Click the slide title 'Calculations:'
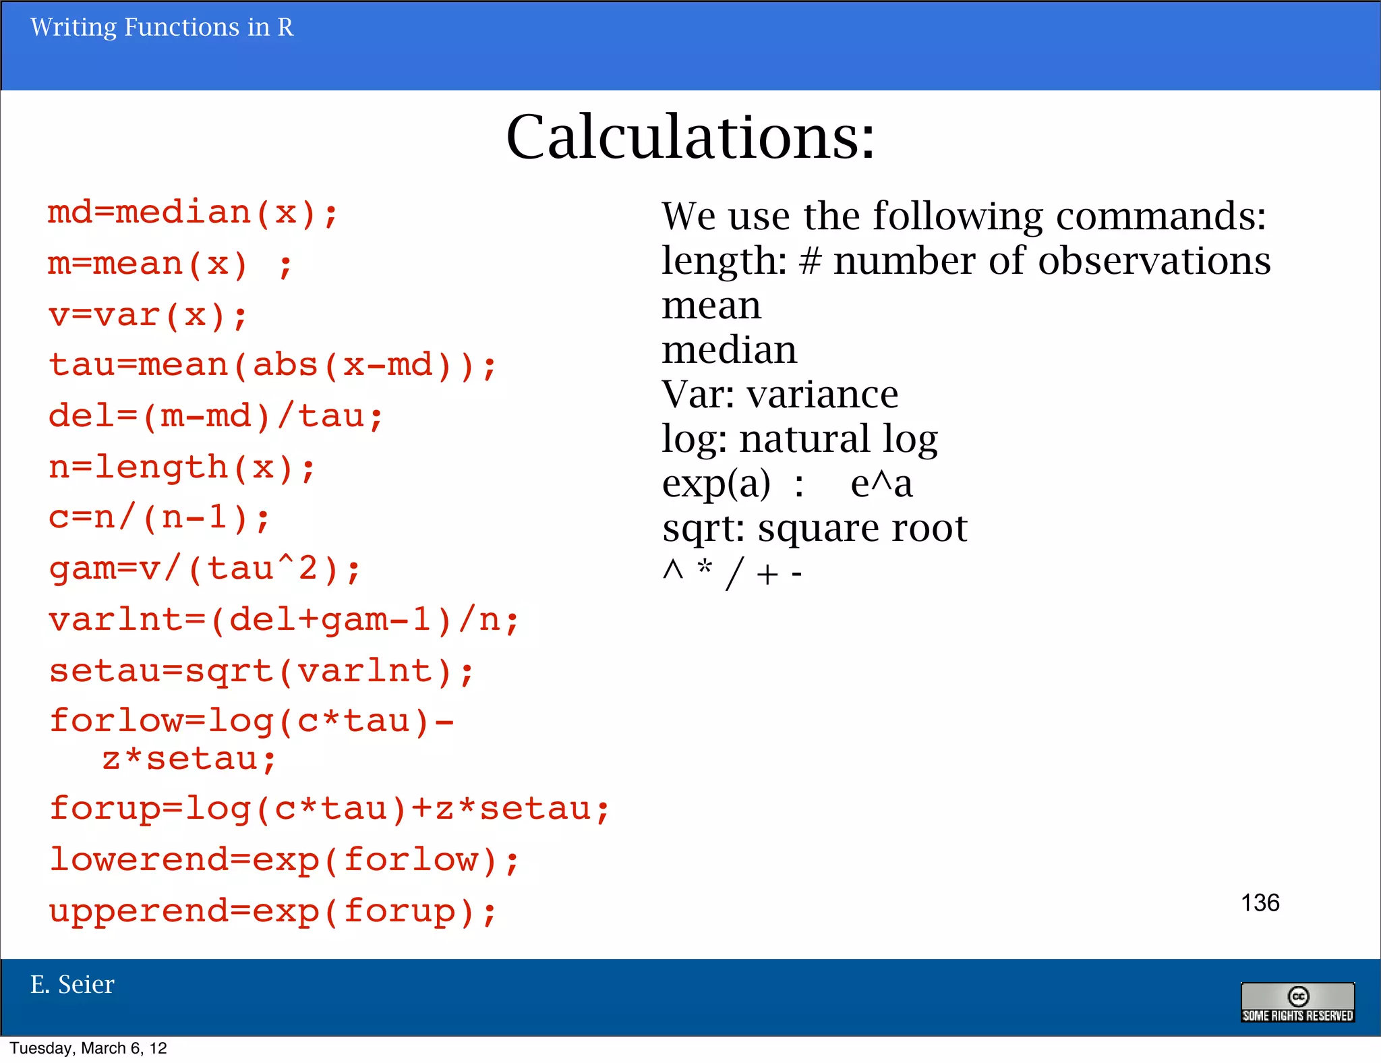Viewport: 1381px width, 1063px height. [x=690, y=137]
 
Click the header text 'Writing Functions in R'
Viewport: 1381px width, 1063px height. [x=162, y=28]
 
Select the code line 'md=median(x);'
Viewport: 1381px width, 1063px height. [x=192, y=213]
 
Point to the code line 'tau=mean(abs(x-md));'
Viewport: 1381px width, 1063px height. [x=272, y=366]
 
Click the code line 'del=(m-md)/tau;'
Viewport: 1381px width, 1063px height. [x=216, y=416]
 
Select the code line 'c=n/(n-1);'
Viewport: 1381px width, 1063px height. [x=159, y=518]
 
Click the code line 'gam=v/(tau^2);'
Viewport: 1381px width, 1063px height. [x=205, y=569]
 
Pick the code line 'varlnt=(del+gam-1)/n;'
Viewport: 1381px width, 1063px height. [x=284, y=620]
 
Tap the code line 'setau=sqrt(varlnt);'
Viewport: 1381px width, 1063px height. [x=262, y=671]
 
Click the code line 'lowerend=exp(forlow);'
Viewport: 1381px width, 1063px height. [x=284, y=860]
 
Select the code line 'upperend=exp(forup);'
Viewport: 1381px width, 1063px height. [x=272, y=911]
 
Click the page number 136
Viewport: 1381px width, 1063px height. [x=1260, y=902]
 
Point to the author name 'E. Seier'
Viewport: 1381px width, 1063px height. [x=72, y=985]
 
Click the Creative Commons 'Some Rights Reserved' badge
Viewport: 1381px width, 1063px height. [x=1297, y=1002]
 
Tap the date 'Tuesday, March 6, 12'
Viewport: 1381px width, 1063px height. [x=88, y=1048]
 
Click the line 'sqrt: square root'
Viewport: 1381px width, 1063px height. [x=815, y=528]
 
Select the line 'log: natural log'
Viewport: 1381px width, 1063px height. [x=800, y=439]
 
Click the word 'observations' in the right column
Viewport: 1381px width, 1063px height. [x=1154, y=261]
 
